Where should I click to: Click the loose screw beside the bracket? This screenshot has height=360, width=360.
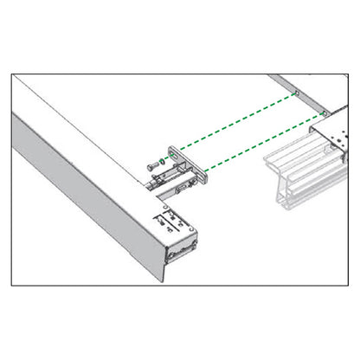(x=153, y=163)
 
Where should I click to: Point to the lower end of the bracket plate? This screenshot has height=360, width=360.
(x=205, y=179)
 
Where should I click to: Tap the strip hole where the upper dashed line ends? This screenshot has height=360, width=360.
(x=295, y=91)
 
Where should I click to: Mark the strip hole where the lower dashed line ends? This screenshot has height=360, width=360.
(x=323, y=113)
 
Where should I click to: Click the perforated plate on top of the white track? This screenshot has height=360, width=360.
(x=333, y=138)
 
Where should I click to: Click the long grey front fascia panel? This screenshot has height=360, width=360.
(x=87, y=199)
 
